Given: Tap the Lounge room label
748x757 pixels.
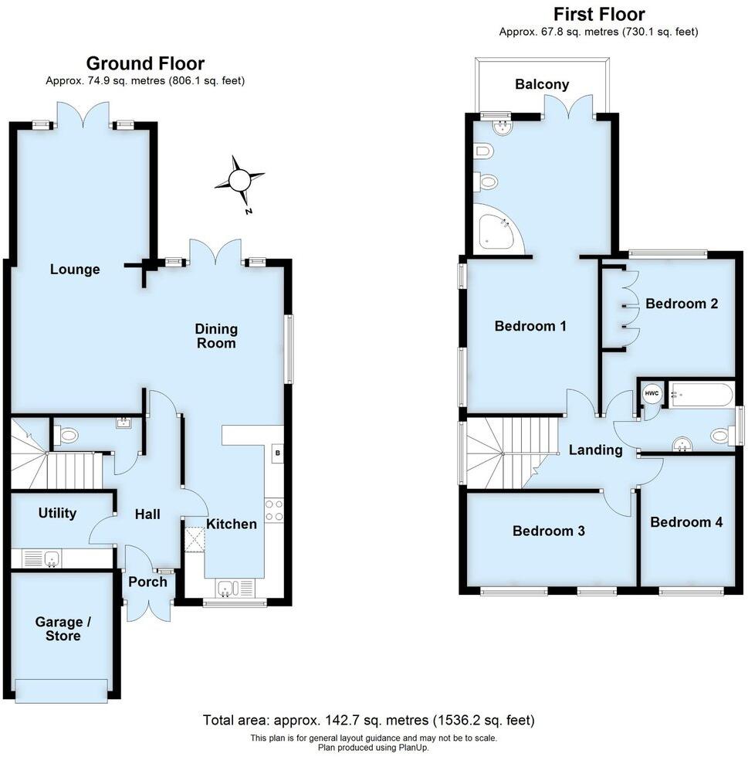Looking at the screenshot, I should tap(75, 270).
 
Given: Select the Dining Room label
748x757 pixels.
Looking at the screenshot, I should tap(216, 336).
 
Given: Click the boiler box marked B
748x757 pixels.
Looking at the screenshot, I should tap(276, 453).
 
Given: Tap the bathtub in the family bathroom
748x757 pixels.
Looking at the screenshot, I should tap(701, 395).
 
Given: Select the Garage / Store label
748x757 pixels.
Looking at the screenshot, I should tap(58, 629).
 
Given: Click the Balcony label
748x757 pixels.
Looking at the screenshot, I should tap(542, 84).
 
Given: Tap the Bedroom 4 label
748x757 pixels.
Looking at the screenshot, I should tap(686, 522).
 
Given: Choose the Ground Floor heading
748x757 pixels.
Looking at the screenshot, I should tap(145, 63).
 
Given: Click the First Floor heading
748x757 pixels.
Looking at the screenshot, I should tap(599, 14).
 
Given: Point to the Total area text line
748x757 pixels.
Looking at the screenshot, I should tap(368, 720).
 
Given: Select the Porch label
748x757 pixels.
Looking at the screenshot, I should tap(147, 582).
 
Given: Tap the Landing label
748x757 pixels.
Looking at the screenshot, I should tap(595, 450).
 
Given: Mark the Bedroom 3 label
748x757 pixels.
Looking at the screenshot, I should tap(548, 531).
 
